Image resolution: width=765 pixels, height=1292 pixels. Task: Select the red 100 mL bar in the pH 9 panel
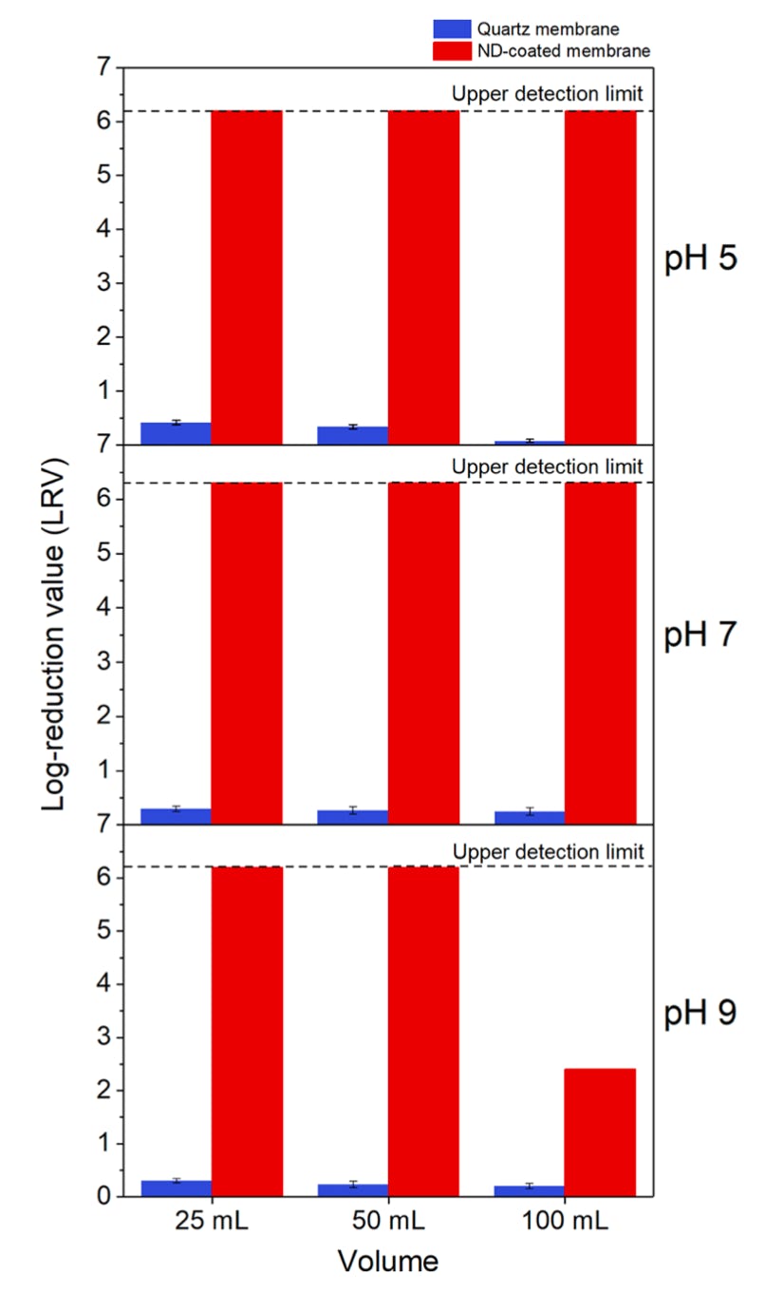tap(600, 1132)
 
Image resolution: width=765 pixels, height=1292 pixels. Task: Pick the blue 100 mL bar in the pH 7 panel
tap(530, 817)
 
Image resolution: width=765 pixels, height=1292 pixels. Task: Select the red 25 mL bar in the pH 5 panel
tap(247, 277)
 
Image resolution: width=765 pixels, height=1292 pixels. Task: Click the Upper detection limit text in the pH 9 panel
tap(548, 851)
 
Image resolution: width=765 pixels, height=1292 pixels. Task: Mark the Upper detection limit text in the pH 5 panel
tap(548, 94)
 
